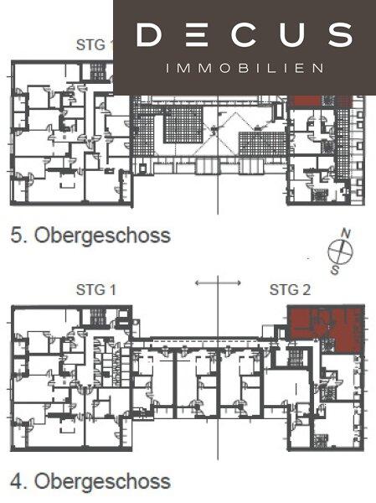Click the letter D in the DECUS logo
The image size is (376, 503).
(148, 34)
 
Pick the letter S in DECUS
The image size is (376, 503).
(338, 34)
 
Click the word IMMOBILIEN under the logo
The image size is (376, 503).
(245, 68)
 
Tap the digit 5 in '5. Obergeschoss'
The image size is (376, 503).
(17, 235)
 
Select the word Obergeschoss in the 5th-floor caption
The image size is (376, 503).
(102, 236)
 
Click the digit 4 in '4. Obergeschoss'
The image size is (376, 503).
(17, 481)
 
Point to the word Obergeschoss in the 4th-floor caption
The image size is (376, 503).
(102, 482)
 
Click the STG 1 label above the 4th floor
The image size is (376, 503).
(95, 290)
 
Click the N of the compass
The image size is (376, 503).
(346, 233)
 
